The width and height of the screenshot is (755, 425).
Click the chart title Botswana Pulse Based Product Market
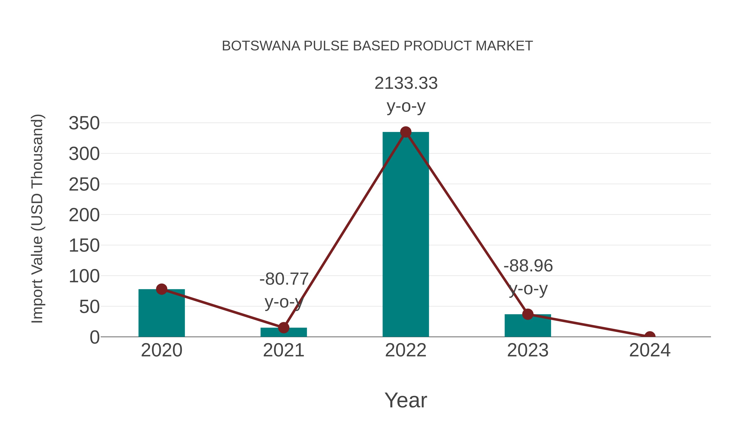377,46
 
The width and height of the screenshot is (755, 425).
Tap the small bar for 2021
283,332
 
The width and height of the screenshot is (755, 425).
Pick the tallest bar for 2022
406,235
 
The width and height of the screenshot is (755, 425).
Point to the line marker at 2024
650,336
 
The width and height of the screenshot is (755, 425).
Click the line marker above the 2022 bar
406,132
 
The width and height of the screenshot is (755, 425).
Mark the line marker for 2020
161,289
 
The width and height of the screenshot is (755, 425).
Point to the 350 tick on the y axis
84,123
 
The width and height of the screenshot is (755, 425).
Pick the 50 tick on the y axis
89,307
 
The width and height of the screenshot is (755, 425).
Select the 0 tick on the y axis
95,337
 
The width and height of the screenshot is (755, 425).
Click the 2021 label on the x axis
283,350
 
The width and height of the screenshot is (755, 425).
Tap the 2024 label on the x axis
650,350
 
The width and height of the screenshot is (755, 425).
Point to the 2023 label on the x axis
528,350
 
